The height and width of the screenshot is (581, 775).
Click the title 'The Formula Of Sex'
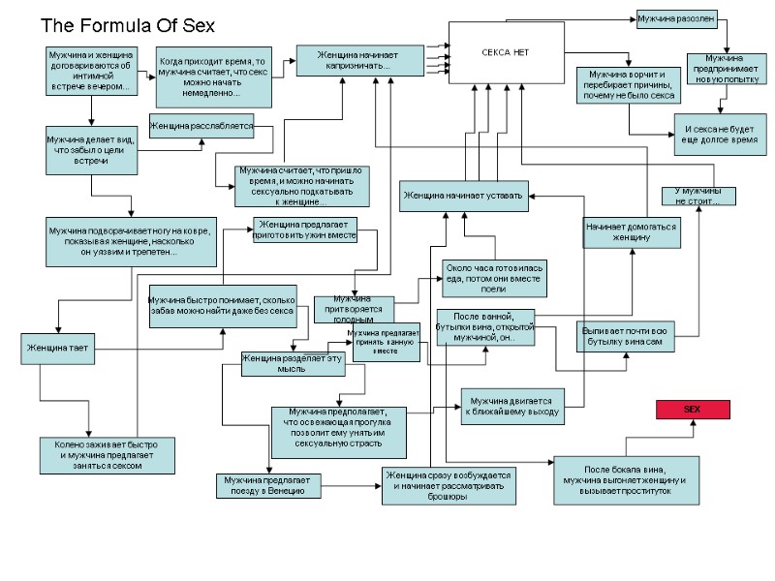[127, 24]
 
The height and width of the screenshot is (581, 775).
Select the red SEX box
[692, 410]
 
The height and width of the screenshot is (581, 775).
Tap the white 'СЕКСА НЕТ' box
[505, 51]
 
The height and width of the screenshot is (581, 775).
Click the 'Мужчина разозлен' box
[675, 18]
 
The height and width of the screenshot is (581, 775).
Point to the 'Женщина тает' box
[57, 348]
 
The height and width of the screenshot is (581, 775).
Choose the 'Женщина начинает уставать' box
[463, 196]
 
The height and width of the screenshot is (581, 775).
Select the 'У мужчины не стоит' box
[698, 196]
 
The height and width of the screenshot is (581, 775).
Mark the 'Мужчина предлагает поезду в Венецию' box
[267, 486]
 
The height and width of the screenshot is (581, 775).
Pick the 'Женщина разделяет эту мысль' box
[279, 363]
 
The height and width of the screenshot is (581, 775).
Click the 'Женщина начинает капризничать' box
[358, 60]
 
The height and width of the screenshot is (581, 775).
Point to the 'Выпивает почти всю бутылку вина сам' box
[625, 336]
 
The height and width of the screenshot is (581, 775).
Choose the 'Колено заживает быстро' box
[107, 455]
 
